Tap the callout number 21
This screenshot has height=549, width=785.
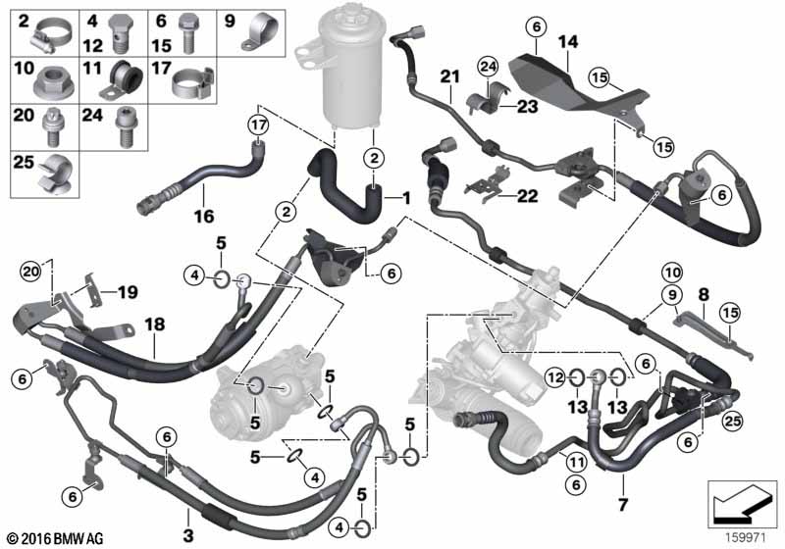point(449,76)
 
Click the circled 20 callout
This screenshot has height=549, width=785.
point(29,272)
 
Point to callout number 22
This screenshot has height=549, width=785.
point(528,196)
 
